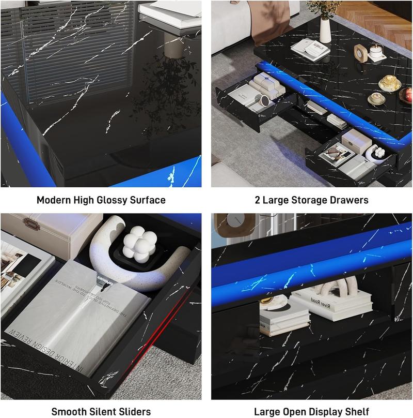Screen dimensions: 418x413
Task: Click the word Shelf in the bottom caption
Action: [357, 411]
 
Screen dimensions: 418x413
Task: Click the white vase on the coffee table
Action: [325, 28]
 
